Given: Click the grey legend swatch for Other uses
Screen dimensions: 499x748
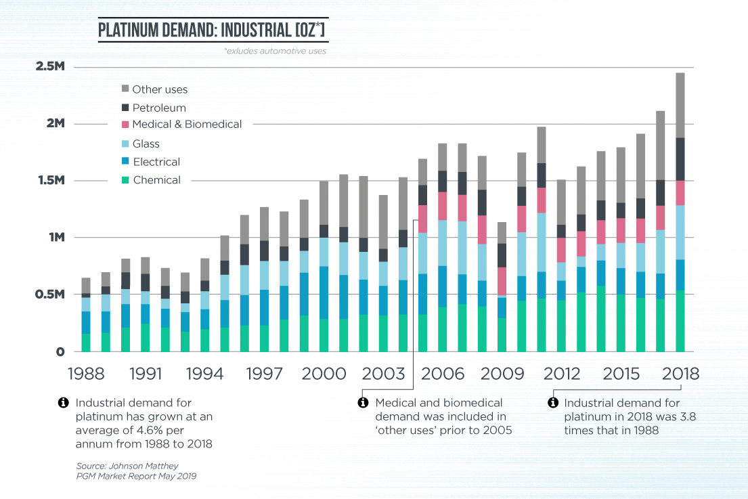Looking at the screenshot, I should (x=125, y=89).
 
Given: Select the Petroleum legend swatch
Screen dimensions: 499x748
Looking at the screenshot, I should (x=125, y=108).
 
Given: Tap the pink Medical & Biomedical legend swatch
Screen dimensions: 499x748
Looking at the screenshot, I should (x=125, y=125).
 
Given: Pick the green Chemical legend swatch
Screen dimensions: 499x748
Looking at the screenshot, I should (x=125, y=180).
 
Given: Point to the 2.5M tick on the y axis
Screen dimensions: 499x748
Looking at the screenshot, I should (x=51, y=67).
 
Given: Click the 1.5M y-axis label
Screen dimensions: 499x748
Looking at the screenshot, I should (x=51, y=181).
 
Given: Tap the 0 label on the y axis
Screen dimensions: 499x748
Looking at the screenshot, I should (x=60, y=351).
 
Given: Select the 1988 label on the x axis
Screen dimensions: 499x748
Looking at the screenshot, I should (x=86, y=373).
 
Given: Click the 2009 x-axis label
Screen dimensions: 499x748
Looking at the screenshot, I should (x=502, y=373).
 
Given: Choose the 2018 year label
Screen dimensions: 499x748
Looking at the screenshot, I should (x=680, y=373).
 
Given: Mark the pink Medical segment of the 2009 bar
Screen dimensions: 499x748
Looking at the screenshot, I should (x=502, y=281).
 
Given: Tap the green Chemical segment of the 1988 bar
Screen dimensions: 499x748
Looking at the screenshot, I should (x=86, y=343).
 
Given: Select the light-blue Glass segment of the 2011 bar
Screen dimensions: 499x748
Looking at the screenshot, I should (x=542, y=242).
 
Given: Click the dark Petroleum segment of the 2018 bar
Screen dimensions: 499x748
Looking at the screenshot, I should (x=680, y=159).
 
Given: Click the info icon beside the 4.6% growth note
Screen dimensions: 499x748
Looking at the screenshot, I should (x=64, y=403).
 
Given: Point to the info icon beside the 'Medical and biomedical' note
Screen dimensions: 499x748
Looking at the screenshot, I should (x=362, y=403).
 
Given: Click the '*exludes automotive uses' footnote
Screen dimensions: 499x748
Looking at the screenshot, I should (x=275, y=51).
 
